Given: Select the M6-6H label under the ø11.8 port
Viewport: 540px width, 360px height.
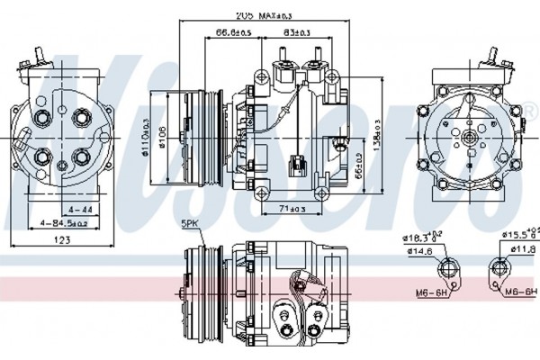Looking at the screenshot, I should [519, 292].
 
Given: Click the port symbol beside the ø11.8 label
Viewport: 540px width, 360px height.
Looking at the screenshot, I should [500, 269].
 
